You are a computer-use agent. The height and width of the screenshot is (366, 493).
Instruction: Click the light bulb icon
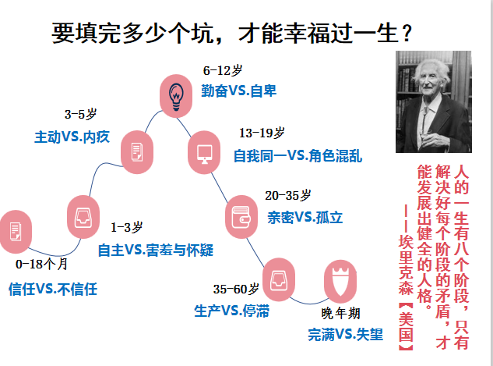[176, 96]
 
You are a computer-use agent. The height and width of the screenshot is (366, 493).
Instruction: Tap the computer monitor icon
[204, 154]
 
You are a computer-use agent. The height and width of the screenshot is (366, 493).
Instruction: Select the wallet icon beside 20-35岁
[241, 217]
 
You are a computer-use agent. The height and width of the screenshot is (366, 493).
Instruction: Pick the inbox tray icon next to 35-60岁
[279, 279]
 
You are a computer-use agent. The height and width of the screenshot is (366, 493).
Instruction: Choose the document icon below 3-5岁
[137, 152]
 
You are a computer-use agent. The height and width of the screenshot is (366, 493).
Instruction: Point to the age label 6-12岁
[223, 70]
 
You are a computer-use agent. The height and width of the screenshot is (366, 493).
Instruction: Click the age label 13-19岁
[262, 133]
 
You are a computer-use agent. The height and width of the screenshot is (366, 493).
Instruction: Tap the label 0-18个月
[41, 264]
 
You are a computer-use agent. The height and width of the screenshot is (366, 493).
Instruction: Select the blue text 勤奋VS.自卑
[238, 91]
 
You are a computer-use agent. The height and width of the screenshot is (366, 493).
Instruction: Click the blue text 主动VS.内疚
[72, 137]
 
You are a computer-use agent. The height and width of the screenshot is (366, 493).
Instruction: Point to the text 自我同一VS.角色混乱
[298, 156]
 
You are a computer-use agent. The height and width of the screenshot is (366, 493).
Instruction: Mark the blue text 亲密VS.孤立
[305, 218]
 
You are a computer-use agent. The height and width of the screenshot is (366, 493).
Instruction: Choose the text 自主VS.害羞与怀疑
[156, 251]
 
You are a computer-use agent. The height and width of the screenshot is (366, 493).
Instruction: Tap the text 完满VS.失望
[346, 335]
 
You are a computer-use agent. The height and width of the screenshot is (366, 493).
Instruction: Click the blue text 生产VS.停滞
[232, 311]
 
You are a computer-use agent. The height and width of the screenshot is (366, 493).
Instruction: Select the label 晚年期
[341, 314]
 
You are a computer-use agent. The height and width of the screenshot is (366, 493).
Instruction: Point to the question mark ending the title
[407, 33]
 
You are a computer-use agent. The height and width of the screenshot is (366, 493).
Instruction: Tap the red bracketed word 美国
[406, 327]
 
